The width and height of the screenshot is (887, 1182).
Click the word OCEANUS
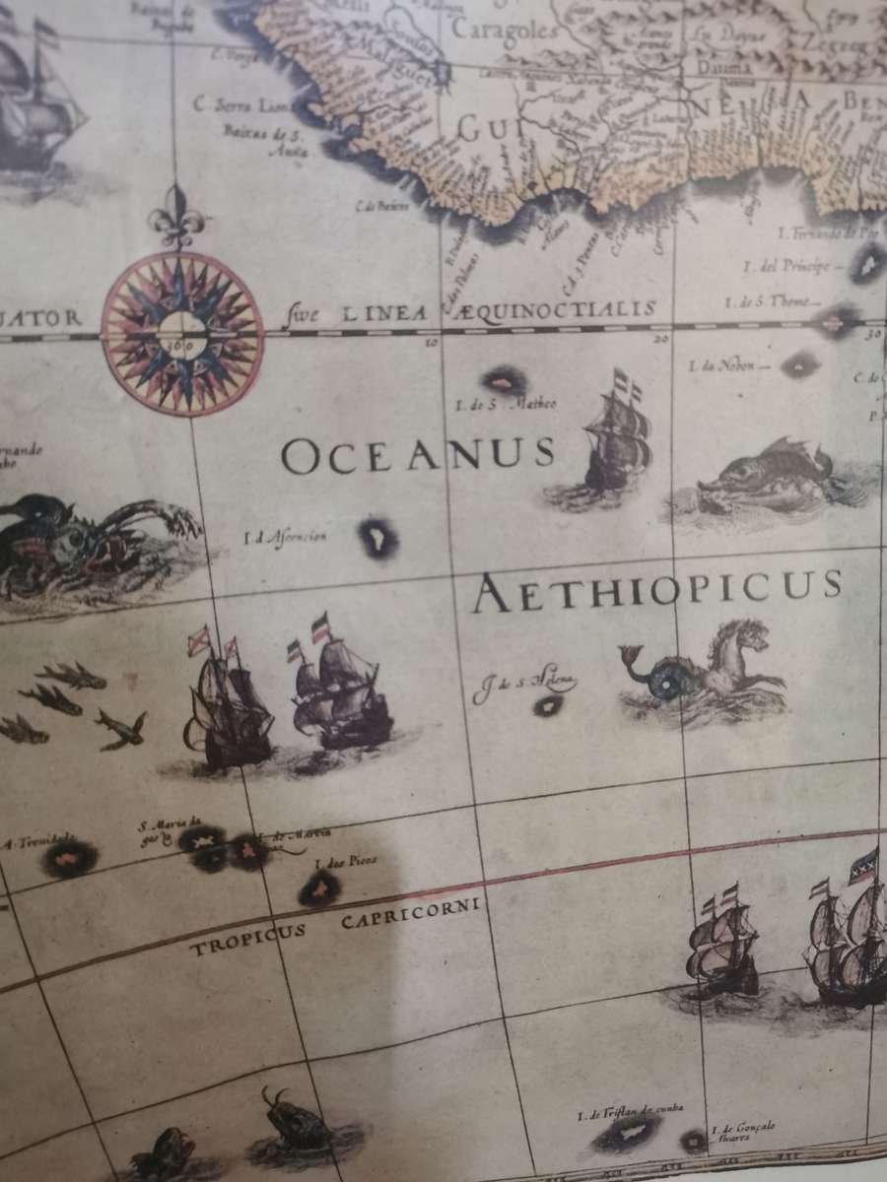pos(418,455)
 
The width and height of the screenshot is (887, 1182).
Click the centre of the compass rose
pos(182,333)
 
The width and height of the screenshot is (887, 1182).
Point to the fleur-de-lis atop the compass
pos(176,219)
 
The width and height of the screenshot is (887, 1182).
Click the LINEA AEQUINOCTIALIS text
pos(483,312)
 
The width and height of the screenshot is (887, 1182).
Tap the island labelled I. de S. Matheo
pos(504,379)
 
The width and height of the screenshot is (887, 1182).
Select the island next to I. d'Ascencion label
pos(376,537)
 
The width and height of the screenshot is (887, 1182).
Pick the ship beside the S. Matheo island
pos(617,443)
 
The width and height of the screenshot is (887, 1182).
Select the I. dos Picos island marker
pos(319,889)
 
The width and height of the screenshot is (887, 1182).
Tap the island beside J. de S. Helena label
pos(547,705)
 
